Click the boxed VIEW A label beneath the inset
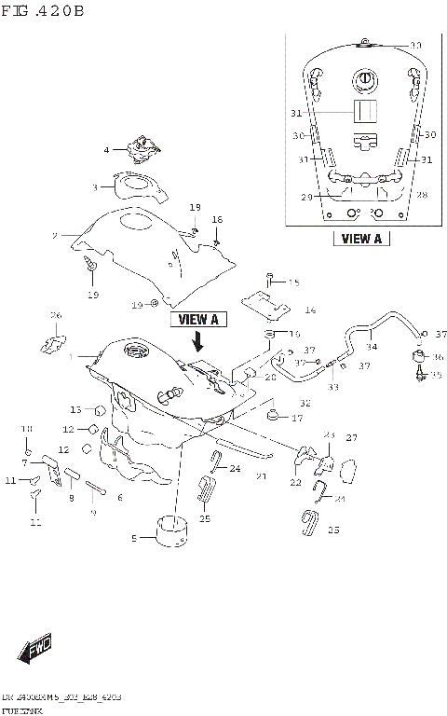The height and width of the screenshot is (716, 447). [x=361, y=238]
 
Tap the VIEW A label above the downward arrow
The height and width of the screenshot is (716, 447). [x=198, y=319]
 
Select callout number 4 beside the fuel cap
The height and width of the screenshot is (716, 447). [x=106, y=150]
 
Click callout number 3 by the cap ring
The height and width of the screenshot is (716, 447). [x=94, y=187]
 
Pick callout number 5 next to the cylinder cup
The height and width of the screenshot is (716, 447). [x=134, y=538]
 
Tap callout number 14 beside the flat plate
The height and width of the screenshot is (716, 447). [x=310, y=310]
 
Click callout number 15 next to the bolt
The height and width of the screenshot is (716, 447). [x=293, y=282]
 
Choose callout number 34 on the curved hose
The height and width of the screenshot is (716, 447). [x=372, y=347]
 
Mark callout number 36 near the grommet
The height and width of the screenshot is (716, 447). [x=439, y=357]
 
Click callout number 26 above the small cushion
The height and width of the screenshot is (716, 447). [x=55, y=315]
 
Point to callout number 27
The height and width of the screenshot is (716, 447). [x=352, y=437]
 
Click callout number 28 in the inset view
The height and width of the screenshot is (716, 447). [x=422, y=195]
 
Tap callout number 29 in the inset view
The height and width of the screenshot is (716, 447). [x=305, y=196]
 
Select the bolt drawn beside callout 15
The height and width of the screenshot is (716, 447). [x=269, y=277]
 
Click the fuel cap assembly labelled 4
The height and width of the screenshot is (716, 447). [x=142, y=146]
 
